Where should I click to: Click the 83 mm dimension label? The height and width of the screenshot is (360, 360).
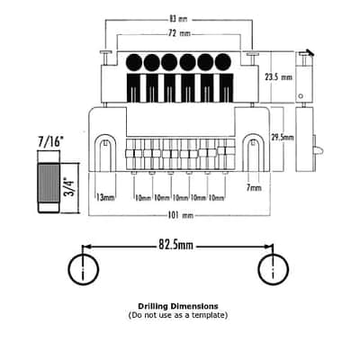click(x=178, y=19)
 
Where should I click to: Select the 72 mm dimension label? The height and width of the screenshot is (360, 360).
click(x=178, y=33)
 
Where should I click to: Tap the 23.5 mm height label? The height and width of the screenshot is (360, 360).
click(x=278, y=77)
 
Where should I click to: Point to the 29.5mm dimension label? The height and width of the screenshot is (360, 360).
click(x=282, y=138)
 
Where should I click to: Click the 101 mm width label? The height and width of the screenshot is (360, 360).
click(x=180, y=215)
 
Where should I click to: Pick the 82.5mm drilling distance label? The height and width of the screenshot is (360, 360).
click(x=175, y=245)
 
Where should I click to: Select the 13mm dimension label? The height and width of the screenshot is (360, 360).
click(x=105, y=197)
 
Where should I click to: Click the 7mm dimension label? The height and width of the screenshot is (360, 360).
click(x=254, y=188)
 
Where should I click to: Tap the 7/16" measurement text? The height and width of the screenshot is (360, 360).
click(x=50, y=141)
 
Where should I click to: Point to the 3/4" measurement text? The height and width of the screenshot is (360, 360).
click(x=69, y=187)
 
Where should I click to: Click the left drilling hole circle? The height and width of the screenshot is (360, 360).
click(x=84, y=269)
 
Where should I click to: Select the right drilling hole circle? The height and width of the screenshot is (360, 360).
click(x=274, y=269)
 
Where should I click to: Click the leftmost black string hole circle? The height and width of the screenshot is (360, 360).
click(x=134, y=62)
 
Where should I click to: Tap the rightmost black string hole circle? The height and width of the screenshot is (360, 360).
click(x=223, y=62)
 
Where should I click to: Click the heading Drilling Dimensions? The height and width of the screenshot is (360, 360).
click(x=178, y=306)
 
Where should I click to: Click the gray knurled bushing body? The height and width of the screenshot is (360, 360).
click(x=49, y=183)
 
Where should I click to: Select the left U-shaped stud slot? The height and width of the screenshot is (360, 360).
click(x=105, y=152)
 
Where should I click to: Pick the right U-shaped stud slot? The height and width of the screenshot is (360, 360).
click(x=254, y=152)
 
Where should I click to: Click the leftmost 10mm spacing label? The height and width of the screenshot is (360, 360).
click(x=143, y=198)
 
